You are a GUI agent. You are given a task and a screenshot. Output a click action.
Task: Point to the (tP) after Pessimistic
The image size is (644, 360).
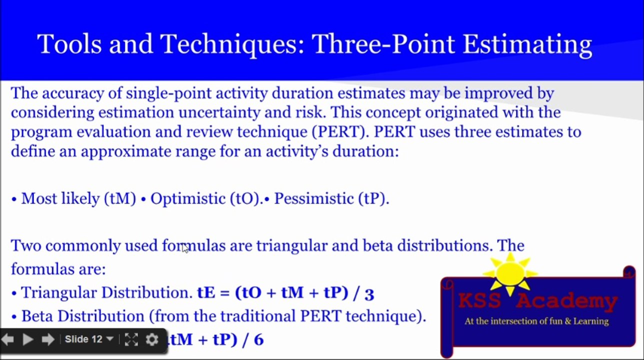pos(373,198)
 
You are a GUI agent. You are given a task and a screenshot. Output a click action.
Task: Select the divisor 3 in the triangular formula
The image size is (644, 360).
pos(369,293)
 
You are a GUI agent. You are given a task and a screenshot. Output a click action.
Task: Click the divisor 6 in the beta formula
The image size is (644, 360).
pos(258,340)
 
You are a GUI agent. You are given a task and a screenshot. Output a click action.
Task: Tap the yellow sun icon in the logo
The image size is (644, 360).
pos(510,273)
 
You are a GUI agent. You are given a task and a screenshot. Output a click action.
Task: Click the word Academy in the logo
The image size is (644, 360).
pos(567,301)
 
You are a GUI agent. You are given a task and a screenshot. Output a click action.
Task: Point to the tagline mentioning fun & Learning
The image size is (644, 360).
pos(536,321)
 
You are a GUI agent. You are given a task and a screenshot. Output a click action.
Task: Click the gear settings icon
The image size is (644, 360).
pos(152,340)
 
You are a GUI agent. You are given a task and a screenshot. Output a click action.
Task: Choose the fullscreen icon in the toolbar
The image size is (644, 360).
pos(131,340)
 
